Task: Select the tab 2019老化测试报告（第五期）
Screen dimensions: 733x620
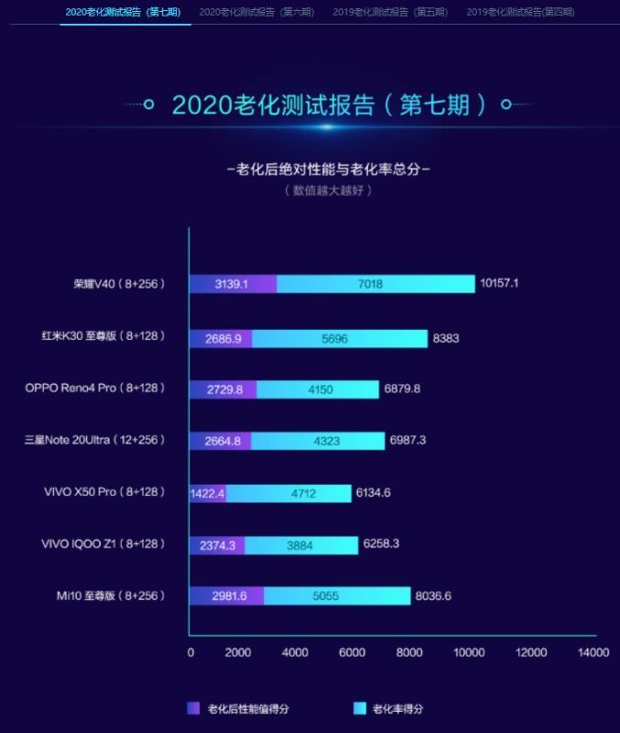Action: click(390, 12)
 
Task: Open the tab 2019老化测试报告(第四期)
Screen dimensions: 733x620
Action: click(520, 12)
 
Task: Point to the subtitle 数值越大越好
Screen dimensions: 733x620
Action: click(328, 191)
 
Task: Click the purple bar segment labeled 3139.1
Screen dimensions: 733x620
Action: click(233, 284)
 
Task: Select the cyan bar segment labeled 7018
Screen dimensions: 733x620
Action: click(375, 284)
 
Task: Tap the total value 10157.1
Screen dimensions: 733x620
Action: click(499, 284)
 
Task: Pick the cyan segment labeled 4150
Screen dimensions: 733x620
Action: click(317, 388)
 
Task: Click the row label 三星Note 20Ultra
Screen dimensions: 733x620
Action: click(95, 441)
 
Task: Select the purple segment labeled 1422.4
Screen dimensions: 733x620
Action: click(208, 493)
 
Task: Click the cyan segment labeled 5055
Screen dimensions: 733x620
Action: click(337, 596)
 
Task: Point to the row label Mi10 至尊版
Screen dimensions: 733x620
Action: click(110, 596)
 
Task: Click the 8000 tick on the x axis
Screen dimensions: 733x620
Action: click(409, 652)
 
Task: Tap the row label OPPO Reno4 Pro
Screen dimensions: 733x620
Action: click(95, 388)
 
